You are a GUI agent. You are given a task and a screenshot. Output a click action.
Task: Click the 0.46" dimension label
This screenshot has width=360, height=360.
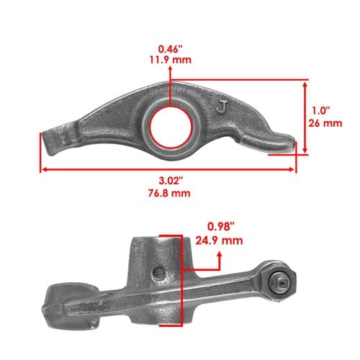tap(171, 50)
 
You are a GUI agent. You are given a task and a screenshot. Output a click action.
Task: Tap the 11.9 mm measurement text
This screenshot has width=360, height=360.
tap(171, 60)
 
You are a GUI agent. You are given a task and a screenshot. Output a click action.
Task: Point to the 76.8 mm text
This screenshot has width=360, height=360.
tap(169, 193)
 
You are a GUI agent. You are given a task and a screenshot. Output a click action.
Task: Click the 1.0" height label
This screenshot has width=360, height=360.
tap(321, 111)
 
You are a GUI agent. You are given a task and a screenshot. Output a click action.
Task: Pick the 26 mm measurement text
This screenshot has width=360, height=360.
tap(325, 123)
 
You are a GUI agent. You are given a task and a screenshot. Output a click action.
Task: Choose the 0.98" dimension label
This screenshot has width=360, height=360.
tap(220, 227)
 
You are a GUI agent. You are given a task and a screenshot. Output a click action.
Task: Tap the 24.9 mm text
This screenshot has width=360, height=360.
tap(219, 240)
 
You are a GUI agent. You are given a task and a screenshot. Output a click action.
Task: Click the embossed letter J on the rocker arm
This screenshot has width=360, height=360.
tap(222, 107)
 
